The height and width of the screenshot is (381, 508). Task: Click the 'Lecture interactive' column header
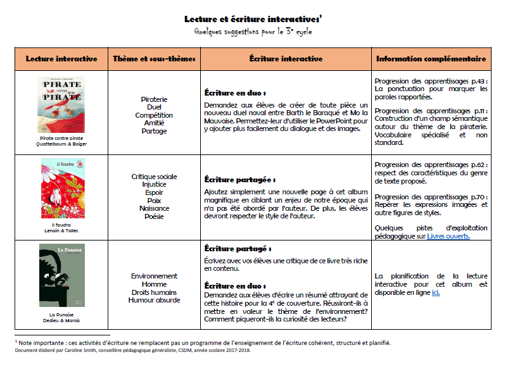pyautogui.click(x=61, y=59)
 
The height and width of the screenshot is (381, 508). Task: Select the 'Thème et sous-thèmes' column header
pyautogui.click(x=154, y=59)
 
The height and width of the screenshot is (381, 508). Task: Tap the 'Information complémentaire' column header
pyautogui.click(x=431, y=59)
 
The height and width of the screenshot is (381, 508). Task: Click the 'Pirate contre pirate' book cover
pyautogui.click(x=61, y=104)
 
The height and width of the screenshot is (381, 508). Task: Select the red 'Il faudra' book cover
pyautogui.click(x=62, y=189)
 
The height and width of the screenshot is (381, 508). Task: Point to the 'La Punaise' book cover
pyautogui.click(x=61, y=275)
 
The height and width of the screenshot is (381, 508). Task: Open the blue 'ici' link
pyautogui.click(x=436, y=293)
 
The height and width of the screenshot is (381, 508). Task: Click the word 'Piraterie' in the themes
pyautogui.click(x=154, y=99)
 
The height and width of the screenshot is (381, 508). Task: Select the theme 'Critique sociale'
pyautogui.click(x=154, y=177)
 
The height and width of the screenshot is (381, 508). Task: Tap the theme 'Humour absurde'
pyautogui.click(x=154, y=300)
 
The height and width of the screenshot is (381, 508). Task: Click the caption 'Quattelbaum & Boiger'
pyautogui.click(x=61, y=144)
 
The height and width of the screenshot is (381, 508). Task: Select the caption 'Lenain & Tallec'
pyautogui.click(x=61, y=231)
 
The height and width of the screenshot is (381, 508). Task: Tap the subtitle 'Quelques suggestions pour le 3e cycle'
pyautogui.click(x=253, y=32)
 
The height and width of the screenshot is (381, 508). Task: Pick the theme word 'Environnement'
pyautogui.click(x=154, y=276)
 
